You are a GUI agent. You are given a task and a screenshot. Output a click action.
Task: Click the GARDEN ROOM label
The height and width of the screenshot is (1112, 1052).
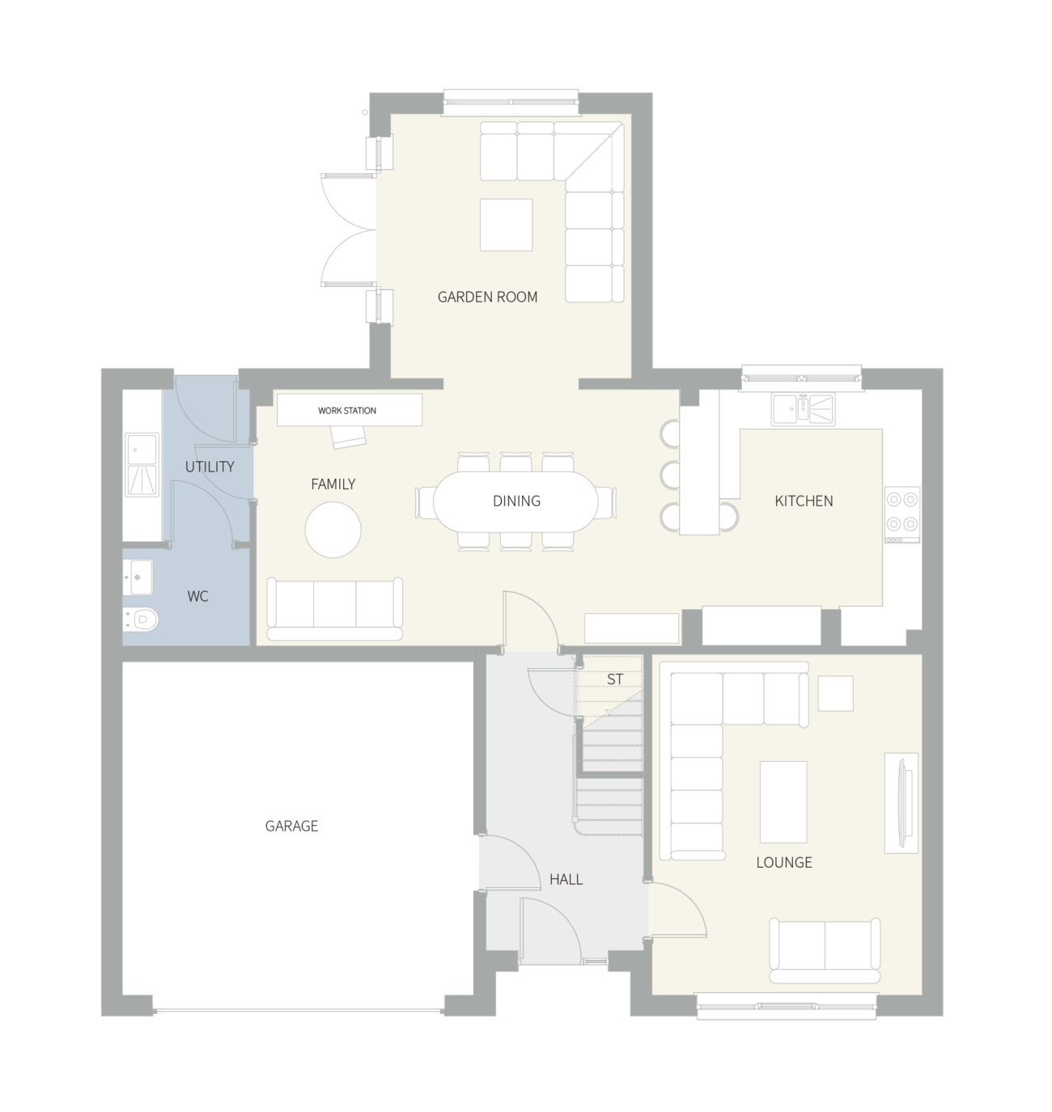(x=487, y=297)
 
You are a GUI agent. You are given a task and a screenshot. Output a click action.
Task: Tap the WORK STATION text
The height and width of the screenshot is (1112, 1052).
(x=346, y=411)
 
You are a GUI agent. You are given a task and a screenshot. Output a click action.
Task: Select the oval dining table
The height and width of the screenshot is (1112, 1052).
(x=516, y=501)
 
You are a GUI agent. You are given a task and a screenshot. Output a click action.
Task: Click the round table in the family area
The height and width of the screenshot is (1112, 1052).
(x=333, y=530)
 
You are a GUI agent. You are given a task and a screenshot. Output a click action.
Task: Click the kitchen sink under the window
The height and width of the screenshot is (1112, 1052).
(x=803, y=408)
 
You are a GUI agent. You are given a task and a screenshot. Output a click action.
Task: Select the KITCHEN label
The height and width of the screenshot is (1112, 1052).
(x=804, y=501)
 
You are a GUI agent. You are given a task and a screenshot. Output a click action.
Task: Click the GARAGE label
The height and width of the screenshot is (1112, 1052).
(x=292, y=826)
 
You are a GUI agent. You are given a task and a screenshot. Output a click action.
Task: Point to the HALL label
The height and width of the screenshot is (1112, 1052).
(x=566, y=879)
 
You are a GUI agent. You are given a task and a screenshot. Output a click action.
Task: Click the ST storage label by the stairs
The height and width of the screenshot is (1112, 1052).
(x=615, y=679)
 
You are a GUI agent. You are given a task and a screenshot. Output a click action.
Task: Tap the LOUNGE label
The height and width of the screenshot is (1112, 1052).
(x=783, y=862)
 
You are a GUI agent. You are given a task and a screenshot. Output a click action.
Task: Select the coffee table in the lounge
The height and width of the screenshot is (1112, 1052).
(x=783, y=801)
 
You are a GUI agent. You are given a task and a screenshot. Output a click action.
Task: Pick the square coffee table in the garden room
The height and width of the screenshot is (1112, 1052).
(x=507, y=224)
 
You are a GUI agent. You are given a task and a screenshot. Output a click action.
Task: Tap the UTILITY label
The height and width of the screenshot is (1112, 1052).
(x=210, y=467)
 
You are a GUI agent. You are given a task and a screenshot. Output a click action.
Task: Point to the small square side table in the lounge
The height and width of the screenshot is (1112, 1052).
(x=835, y=693)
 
